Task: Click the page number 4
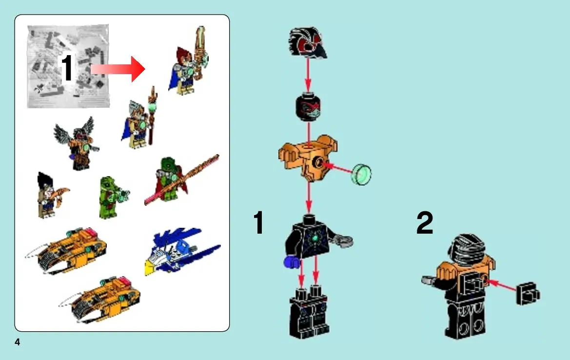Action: (17, 342)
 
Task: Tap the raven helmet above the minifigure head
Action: (308, 42)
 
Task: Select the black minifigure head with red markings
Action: (308, 107)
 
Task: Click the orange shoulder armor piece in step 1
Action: (308, 157)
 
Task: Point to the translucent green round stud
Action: (362, 175)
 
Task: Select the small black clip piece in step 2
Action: (528, 294)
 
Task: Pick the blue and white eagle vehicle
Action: (182, 251)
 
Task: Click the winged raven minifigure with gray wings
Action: (77, 143)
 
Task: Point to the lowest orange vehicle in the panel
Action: (100, 300)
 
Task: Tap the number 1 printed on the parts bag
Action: (67, 68)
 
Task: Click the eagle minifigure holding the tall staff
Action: (139, 118)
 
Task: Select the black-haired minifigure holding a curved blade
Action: (51, 195)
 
